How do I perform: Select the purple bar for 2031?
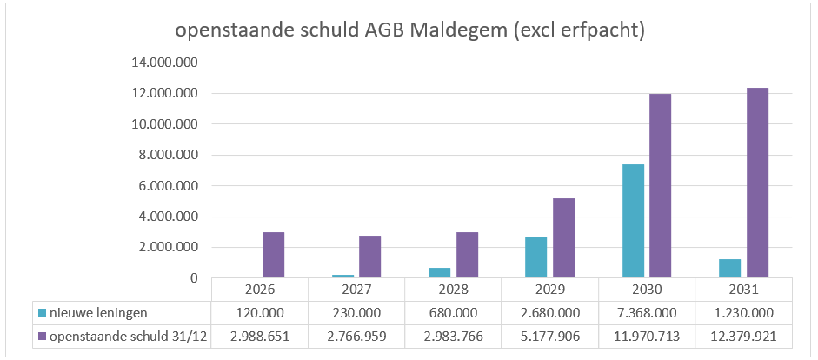pyautogui.click(x=757, y=183)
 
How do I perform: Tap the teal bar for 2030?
pyautogui.click(x=633, y=221)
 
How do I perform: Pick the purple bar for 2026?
pyautogui.click(x=273, y=255)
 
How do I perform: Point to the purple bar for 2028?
pyautogui.click(x=467, y=255)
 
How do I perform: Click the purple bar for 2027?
pyautogui.click(x=369, y=257)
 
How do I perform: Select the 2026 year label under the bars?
pyautogui.click(x=259, y=290)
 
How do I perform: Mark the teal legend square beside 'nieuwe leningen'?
pyautogui.click(x=42, y=312)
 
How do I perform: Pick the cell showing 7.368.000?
pyautogui.click(x=646, y=312)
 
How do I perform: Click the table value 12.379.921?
pyautogui.click(x=742, y=336)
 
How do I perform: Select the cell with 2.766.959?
pyautogui.click(x=356, y=336)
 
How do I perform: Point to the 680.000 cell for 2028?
pyautogui.click(x=453, y=312)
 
